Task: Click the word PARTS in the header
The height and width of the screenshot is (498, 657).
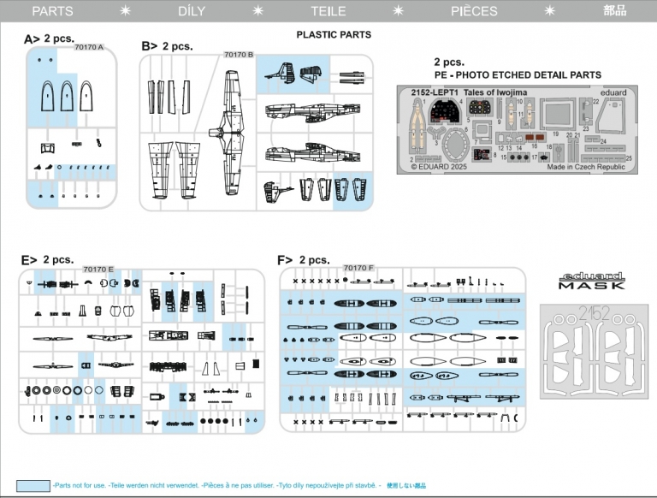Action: [52, 11]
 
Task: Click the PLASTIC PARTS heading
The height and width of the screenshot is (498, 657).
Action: [334, 35]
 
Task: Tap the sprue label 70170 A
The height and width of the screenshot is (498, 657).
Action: [89, 47]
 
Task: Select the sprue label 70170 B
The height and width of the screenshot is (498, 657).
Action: [239, 54]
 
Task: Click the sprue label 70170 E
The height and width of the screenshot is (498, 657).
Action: [98, 269]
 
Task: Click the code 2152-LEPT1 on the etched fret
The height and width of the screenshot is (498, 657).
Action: [433, 92]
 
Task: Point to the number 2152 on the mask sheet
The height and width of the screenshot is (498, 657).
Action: [592, 314]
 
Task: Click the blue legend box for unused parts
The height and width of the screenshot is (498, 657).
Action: [33, 485]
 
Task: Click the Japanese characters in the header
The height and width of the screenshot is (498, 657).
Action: [614, 11]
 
